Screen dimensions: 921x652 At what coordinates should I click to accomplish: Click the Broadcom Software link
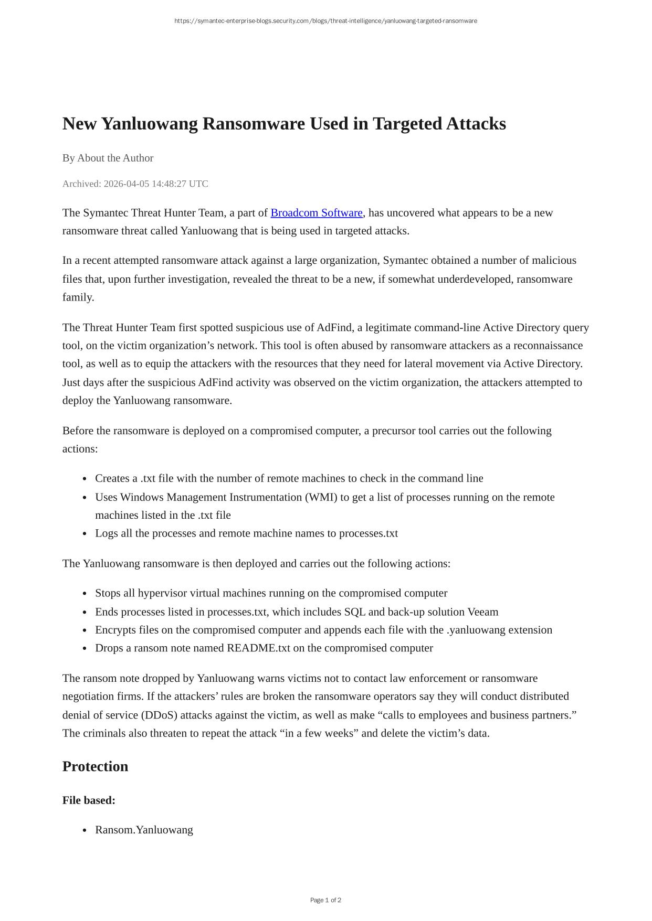317,213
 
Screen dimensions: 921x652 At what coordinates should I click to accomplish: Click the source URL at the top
325,21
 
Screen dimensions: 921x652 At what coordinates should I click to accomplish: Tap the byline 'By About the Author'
108,158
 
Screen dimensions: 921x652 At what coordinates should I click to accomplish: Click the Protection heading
95,766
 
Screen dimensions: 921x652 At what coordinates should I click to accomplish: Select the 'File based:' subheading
89,800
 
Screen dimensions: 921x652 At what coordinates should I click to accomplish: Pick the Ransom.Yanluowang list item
144,830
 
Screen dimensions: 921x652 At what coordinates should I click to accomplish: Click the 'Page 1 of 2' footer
325,900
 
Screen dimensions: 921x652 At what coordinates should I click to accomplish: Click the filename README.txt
258,648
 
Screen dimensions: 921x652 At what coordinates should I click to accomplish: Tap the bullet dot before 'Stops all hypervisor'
85,594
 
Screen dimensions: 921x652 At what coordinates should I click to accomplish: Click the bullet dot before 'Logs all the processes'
85,534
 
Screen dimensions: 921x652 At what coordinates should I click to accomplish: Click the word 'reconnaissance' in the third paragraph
548,346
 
